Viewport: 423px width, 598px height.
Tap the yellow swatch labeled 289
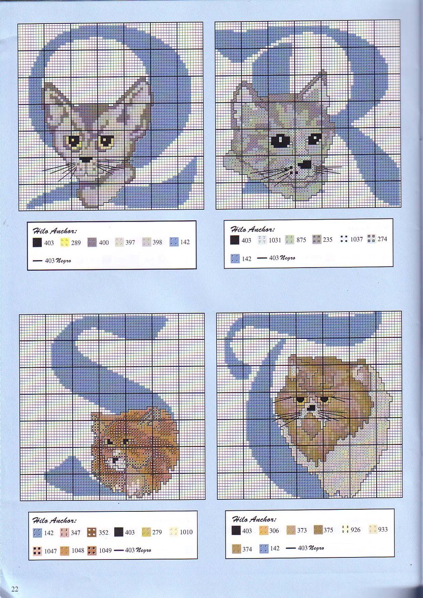tap(64, 242)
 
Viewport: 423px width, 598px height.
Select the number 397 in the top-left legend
tap(130, 242)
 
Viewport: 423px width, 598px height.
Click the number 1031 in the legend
tap(275, 240)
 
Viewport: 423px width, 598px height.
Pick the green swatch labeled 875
tap(290, 240)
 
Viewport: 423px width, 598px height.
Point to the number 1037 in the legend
tap(357, 239)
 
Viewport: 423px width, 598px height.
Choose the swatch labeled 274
tap(372, 239)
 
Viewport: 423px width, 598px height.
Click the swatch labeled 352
tap(92, 532)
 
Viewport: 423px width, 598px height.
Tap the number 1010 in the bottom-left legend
tap(186, 532)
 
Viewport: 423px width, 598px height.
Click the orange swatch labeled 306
tap(263, 530)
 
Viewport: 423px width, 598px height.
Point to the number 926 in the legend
tap(355, 530)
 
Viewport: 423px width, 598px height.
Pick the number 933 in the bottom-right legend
tap(383, 529)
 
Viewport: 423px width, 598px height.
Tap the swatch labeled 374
tap(236, 549)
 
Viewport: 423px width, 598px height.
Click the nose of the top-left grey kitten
tap(86, 159)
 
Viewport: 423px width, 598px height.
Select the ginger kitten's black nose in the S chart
tap(115, 460)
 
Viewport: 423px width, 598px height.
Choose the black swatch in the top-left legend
tap(37, 243)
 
